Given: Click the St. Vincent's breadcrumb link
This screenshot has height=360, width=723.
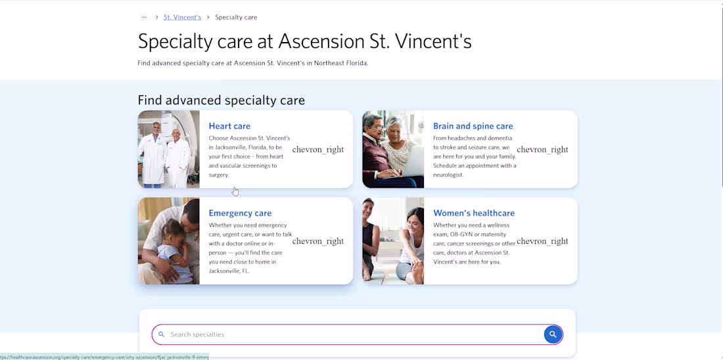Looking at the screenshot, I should point(182,17).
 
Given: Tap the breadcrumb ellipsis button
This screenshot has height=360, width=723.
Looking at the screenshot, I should point(144,17).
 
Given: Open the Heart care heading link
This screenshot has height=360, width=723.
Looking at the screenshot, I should point(229,126).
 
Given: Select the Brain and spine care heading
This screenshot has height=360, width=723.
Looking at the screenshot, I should point(473,126).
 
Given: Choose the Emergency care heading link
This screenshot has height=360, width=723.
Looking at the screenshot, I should point(240,213).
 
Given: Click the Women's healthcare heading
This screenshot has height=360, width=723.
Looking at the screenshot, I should point(473,213).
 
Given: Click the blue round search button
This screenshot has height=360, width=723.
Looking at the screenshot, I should point(553,334).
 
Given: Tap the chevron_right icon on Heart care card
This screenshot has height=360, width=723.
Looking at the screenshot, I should point(318,150).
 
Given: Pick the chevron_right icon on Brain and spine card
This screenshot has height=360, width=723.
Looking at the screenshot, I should point(542,150).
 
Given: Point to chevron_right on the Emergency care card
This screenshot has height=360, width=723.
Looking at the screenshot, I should point(318,241).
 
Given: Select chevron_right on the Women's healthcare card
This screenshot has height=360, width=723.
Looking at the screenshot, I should point(542,241).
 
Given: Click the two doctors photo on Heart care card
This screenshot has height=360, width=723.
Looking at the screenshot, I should point(169,149).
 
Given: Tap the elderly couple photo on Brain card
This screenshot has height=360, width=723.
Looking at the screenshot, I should point(393,149).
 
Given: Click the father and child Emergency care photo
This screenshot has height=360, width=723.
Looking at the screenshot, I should point(169,241).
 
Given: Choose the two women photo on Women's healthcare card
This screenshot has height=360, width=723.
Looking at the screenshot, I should point(393,241).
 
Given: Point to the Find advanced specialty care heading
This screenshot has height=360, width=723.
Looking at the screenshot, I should point(221,100).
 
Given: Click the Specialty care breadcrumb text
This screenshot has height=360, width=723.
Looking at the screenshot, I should point(236,17).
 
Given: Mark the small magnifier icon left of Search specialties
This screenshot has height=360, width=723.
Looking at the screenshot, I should point(162,334).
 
